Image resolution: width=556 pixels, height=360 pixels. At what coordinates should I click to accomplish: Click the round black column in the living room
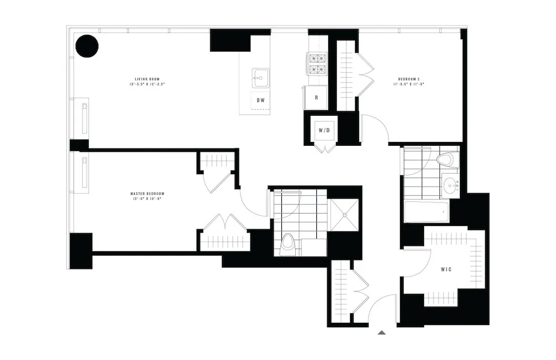click(x=87, y=46)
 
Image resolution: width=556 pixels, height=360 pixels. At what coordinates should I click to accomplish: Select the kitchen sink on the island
click(x=260, y=77)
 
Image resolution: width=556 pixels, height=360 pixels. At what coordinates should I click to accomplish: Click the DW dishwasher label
click(x=261, y=101)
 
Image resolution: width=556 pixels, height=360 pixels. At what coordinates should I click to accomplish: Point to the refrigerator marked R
click(x=316, y=97)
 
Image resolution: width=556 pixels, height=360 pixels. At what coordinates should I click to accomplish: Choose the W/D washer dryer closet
click(x=324, y=131)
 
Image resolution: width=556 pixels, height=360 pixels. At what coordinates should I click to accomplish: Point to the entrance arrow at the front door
click(x=381, y=333)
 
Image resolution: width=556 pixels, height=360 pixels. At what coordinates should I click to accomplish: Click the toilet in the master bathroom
click(x=288, y=243)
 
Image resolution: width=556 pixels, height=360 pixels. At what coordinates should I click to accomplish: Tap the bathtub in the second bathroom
click(x=426, y=211)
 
